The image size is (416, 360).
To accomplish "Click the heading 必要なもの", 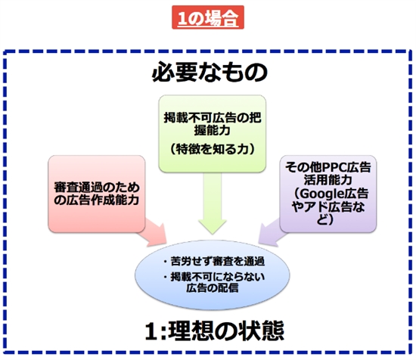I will tap(208, 73).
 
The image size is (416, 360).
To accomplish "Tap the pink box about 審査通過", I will tap(96, 192).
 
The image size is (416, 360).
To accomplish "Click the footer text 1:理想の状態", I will tap(208, 331).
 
